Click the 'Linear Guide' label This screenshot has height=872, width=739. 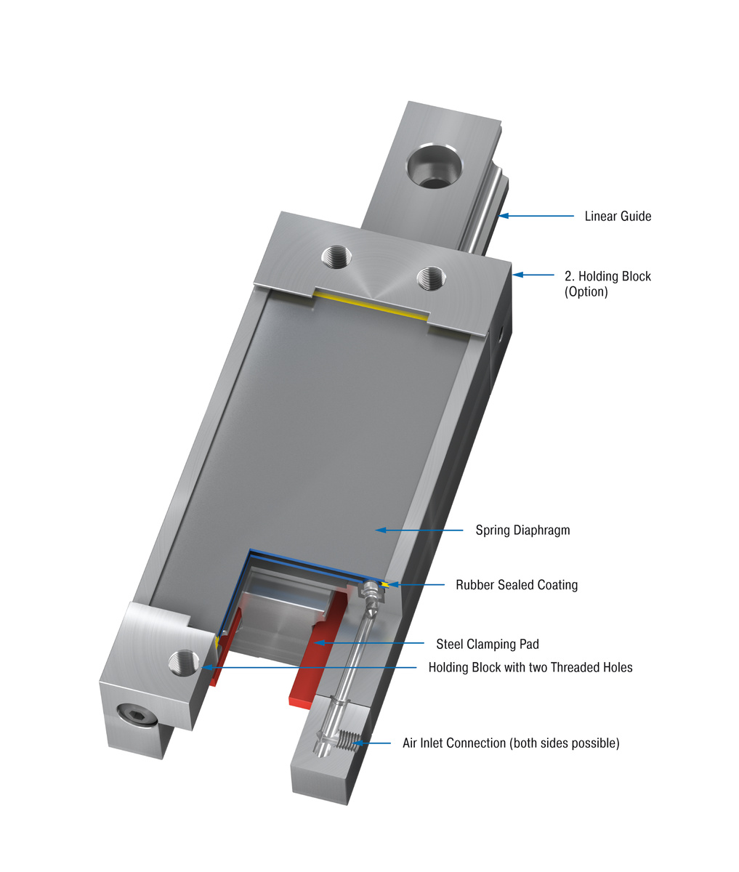618,217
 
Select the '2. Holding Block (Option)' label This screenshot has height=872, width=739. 607,283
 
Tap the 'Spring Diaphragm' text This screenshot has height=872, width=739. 522,530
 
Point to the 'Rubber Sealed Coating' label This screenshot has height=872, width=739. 517,585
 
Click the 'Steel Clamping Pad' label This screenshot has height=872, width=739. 488,644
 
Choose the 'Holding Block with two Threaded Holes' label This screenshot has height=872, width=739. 530,667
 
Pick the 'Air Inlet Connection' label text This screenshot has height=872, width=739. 511,743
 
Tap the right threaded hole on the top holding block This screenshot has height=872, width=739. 431,277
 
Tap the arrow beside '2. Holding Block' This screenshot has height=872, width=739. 533,275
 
